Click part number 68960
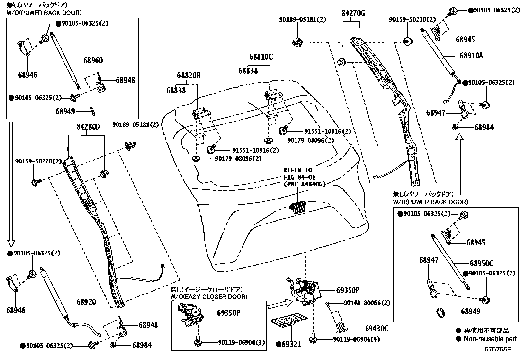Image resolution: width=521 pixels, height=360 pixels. (x=93, y=60)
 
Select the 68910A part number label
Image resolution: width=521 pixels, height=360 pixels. (x=471, y=55)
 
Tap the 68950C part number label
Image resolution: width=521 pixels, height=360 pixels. (x=481, y=263)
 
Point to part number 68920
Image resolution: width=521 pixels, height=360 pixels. (x=86, y=302)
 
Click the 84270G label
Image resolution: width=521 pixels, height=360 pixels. (x=353, y=13)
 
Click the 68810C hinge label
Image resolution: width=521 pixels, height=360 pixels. (x=261, y=57)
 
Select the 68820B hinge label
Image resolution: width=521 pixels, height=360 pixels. (x=189, y=76)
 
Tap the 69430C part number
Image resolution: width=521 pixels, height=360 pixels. (x=377, y=328)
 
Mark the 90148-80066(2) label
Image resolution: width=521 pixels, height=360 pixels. (x=367, y=303)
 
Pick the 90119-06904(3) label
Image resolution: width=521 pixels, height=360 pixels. (x=241, y=343)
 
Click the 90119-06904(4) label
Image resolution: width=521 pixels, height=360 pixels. (x=356, y=339)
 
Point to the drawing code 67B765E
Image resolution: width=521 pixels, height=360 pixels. (x=498, y=349)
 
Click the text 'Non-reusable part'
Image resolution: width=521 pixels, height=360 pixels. (x=490, y=339)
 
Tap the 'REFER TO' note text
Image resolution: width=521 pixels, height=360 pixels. (x=297, y=170)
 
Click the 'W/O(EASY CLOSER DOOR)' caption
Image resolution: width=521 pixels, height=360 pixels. (x=209, y=297)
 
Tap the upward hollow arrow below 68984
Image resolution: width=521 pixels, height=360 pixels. (x=460, y=164)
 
